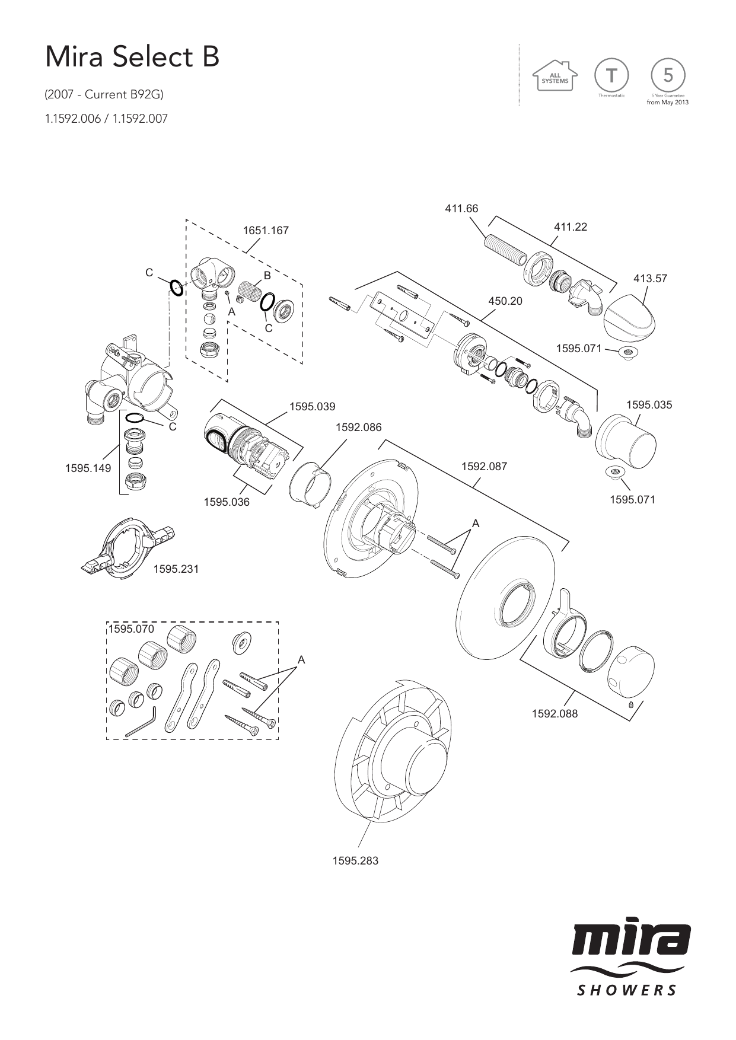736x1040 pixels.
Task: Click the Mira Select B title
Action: coord(133,58)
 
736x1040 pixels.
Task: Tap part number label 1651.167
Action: coord(266,231)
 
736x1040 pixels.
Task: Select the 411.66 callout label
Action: coord(461,208)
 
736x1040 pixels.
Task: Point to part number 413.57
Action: coord(650,278)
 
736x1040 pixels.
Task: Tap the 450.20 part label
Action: coord(505,301)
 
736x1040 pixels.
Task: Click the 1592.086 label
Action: coord(358,428)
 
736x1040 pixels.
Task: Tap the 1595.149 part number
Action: coord(88,468)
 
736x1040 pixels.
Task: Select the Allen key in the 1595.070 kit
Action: coord(141,722)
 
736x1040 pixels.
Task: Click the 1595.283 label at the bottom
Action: coord(355,860)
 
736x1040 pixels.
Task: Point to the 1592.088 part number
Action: coord(555,714)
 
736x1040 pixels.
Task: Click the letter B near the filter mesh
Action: coord(267,276)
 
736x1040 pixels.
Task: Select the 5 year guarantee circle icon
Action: coord(668,75)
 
